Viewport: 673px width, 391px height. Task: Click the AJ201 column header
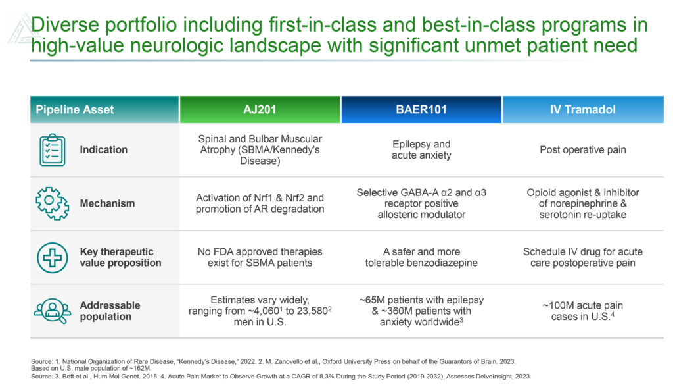click(x=260, y=109)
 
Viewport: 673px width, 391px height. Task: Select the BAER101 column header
click(x=421, y=109)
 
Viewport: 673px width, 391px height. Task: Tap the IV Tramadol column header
click(x=583, y=109)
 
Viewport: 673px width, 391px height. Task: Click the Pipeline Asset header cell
click(x=104, y=109)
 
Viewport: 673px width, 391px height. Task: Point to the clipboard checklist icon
click(x=53, y=149)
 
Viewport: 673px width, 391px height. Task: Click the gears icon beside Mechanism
click(x=53, y=203)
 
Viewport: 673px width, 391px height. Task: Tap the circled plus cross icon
click(x=53, y=257)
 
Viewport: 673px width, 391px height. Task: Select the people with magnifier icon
click(x=53, y=311)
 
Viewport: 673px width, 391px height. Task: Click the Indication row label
click(x=103, y=150)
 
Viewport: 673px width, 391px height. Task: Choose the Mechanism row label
click(x=107, y=203)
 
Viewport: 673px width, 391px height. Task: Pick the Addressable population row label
click(x=110, y=311)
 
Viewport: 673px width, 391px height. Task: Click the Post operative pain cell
click(x=583, y=150)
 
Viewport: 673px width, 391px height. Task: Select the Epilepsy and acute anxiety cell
click(x=421, y=150)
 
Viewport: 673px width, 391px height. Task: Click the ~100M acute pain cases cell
click(x=583, y=311)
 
